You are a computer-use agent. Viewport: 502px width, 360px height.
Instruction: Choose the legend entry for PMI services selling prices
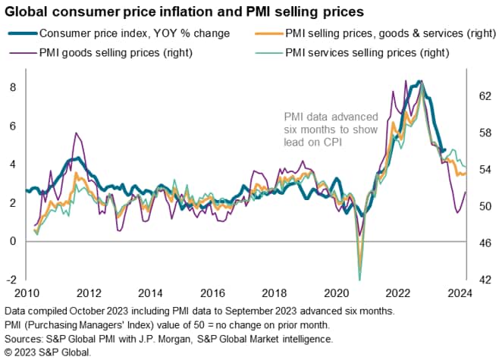(x=368, y=52)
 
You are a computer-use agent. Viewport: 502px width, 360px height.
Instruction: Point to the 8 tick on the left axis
(x=12, y=88)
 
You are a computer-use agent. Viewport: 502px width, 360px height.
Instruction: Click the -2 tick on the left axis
(x=11, y=280)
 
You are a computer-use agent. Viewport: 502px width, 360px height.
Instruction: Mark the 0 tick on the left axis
(x=12, y=242)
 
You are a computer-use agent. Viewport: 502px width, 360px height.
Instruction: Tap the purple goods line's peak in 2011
(x=76, y=133)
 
